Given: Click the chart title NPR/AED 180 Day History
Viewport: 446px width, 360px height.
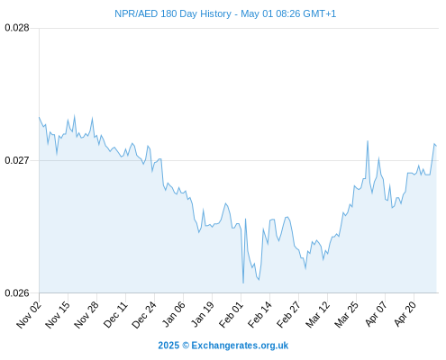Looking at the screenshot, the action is click(x=173, y=13).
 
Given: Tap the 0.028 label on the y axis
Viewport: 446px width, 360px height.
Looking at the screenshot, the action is click(x=17, y=28).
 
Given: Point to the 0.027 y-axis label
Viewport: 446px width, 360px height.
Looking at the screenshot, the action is click(x=17, y=160).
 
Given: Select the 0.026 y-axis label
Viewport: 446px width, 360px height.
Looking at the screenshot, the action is click(x=17, y=292).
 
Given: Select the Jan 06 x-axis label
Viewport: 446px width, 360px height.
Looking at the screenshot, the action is click(x=173, y=315).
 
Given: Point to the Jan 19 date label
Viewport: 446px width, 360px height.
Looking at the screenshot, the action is click(x=203, y=315).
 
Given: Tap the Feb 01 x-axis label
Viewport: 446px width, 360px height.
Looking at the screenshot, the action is click(x=231, y=315).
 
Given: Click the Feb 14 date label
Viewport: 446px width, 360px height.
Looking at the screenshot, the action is click(x=259, y=315).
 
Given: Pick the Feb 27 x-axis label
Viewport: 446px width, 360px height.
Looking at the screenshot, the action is click(x=288, y=315).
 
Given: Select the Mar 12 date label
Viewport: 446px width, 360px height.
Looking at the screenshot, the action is click(x=317, y=315).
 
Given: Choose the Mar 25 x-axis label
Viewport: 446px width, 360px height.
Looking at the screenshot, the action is click(x=346, y=315).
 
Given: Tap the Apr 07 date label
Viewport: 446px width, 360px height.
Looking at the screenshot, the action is click(x=375, y=315).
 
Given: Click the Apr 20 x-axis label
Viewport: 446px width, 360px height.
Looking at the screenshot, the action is click(x=405, y=315).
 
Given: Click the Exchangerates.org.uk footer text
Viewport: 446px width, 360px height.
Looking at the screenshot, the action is click(x=240, y=346).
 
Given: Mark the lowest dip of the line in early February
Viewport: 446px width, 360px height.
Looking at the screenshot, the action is click(x=243, y=283).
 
